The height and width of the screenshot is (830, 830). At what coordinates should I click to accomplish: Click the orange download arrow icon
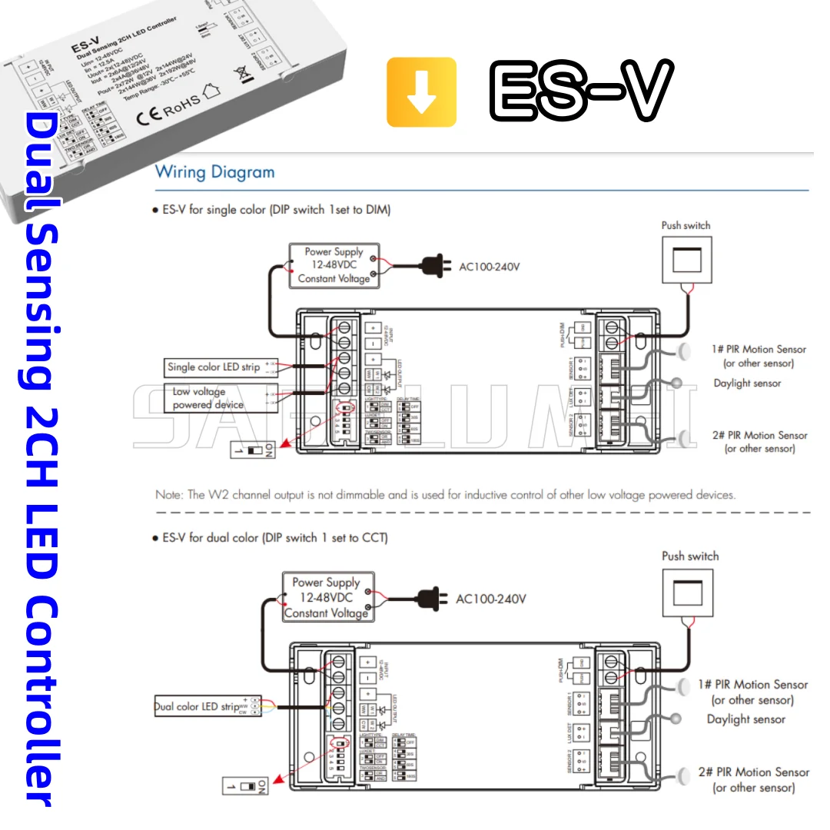click(421, 92)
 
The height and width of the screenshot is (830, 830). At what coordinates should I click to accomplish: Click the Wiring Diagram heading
click(214, 171)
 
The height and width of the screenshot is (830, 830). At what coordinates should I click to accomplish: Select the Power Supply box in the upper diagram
click(334, 265)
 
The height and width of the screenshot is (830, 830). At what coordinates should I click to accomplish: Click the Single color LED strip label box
click(214, 367)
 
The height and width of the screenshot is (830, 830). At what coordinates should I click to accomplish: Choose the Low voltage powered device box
click(207, 398)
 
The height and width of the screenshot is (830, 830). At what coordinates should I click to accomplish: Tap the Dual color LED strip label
click(198, 706)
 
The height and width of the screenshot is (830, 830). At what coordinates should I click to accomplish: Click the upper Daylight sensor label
click(746, 383)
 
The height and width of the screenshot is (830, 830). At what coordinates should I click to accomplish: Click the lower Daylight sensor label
click(745, 719)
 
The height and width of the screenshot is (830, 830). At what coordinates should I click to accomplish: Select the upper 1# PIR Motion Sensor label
click(758, 349)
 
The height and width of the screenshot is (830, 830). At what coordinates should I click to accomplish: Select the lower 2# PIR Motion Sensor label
click(752, 772)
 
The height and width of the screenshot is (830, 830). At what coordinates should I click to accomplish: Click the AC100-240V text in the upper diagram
click(490, 267)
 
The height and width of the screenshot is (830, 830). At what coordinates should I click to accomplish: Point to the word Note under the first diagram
click(168, 494)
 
